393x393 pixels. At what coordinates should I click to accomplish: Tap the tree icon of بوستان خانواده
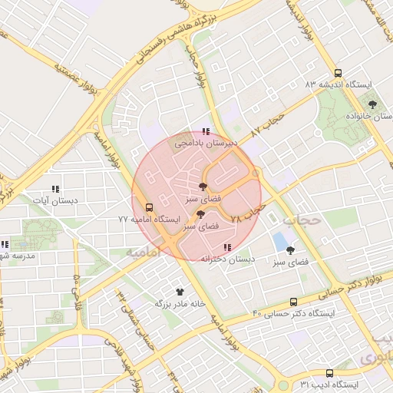[373, 104]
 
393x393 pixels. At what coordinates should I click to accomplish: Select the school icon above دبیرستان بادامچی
[205, 132]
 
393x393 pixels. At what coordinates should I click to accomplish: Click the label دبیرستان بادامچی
[206, 143]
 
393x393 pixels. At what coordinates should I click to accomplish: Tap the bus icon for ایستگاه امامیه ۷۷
[148, 207]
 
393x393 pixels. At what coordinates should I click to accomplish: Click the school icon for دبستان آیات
[54, 189]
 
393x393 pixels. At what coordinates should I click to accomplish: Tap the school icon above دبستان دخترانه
[226, 247]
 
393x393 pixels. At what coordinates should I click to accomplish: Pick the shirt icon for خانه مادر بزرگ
[180, 292]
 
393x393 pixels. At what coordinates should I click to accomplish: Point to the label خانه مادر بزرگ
[181, 303]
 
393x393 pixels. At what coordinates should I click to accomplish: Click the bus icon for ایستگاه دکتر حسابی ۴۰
[293, 302]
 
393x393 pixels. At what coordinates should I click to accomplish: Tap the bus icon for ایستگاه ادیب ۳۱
[329, 372]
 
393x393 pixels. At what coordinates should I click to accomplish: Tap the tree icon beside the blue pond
[290, 250]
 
